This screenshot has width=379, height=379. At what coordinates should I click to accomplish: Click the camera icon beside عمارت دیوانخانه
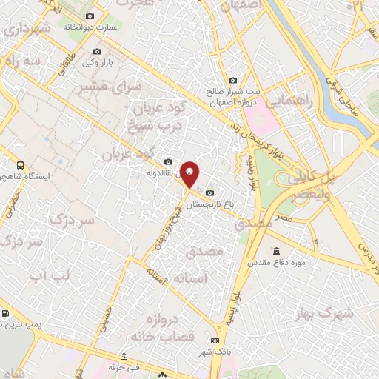coord(90,16)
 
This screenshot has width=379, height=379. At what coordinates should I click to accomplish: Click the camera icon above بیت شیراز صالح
coord(232,81)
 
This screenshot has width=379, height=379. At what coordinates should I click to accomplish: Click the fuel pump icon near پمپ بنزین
coord(6,313)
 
